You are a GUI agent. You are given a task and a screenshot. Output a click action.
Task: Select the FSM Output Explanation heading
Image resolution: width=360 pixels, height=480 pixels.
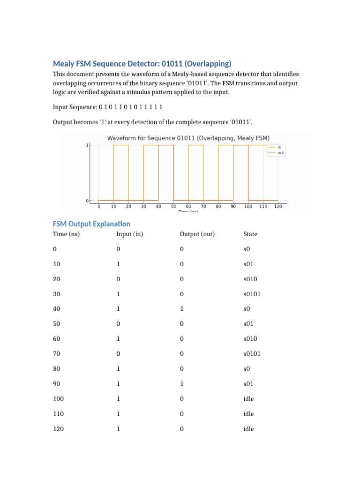(x=91, y=224)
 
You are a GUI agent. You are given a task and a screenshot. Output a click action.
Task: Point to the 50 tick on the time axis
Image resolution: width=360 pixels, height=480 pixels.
(x=173, y=206)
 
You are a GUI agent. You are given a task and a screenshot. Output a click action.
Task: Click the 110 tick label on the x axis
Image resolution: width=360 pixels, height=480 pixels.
(x=263, y=206)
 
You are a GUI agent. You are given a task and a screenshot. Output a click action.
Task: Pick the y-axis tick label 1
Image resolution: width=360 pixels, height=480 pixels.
(x=87, y=145)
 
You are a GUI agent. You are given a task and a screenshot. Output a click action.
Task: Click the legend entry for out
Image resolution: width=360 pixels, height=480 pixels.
(x=280, y=153)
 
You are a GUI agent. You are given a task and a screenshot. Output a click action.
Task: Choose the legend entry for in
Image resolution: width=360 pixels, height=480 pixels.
(x=279, y=147)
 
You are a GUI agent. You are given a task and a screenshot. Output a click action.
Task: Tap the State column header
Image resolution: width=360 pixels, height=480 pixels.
(x=250, y=234)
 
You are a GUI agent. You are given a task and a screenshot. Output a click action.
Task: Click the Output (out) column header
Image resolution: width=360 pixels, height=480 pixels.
(x=197, y=234)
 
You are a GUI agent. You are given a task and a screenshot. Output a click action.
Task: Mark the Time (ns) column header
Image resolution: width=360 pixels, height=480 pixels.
(x=66, y=234)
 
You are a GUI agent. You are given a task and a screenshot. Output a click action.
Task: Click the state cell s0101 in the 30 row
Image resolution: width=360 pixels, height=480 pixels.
(x=252, y=294)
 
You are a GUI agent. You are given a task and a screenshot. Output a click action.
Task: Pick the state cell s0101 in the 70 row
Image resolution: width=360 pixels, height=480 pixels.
(x=252, y=354)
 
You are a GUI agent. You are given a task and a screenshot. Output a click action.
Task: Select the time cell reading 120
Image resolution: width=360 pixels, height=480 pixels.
(x=58, y=429)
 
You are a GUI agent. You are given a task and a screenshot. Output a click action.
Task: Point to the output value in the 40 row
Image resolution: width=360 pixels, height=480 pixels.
(x=181, y=309)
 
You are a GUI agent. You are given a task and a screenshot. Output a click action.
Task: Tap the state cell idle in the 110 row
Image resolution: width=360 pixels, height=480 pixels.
(x=248, y=414)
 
